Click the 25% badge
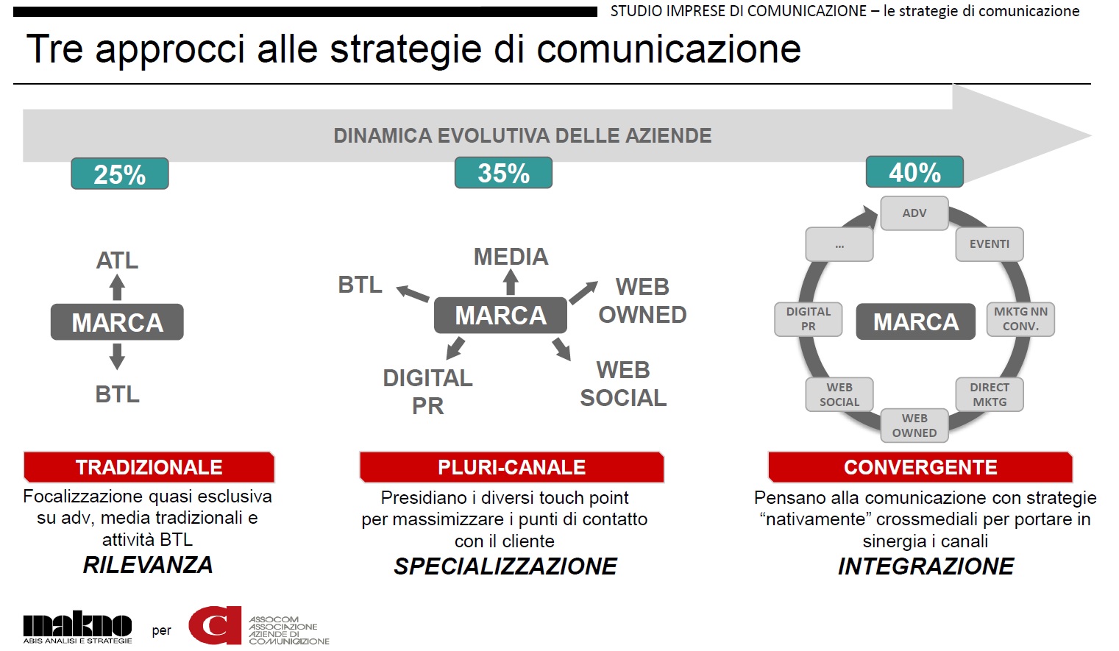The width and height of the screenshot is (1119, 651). click(x=120, y=174)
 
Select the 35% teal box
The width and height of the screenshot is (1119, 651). click(x=503, y=172)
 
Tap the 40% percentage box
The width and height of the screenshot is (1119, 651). click(x=914, y=171)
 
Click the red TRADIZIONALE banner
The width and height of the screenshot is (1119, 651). click(x=149, y=467)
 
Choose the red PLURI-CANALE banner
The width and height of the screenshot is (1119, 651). click(x=511, y=467)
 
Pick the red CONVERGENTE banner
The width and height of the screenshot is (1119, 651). click(x=920, y=467)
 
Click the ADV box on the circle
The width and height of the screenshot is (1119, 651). click(x=914, y=213)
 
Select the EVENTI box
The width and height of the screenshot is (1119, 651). click(x=990, y=244)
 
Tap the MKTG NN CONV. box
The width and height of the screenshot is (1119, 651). click(x=1020, y=319)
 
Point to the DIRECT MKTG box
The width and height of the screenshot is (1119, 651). click(x=990, y=395)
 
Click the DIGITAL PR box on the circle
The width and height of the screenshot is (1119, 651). click(x=809, y=319)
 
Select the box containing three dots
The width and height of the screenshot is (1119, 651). click(x=839, y=244)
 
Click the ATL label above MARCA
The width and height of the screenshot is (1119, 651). click(x=117, y=260)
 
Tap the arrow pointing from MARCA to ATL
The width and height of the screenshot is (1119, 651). click(x=117, y=288)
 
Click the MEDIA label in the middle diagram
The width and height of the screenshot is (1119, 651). click(x=511, y=257)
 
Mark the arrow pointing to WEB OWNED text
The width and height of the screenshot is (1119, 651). click(x=583, y=292)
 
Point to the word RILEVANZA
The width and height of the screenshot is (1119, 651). click(x=148, y=565)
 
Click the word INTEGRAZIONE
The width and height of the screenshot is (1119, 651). click(x=926, y=566)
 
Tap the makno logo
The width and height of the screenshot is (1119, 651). click(x=77, y=627)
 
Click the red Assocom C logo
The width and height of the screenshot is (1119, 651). click(x=215, y=625)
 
